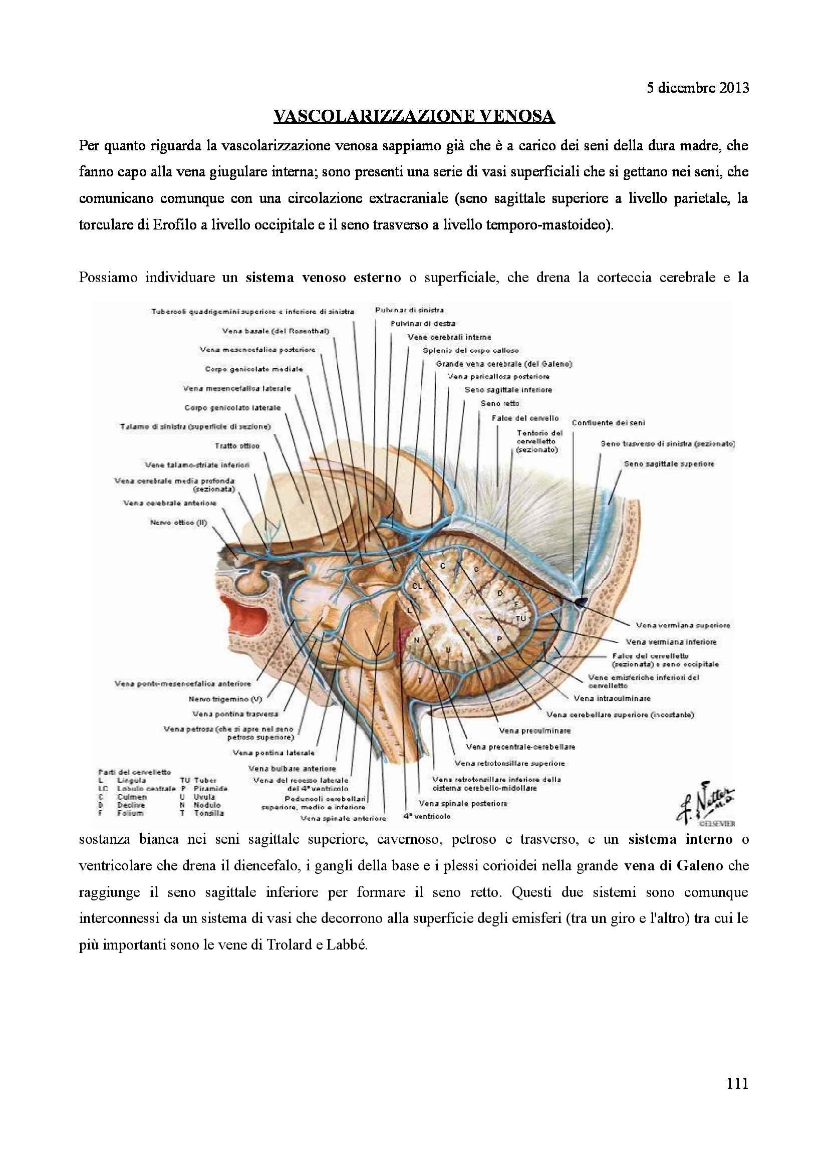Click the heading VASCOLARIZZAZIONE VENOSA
point(414,117)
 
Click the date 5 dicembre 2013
point(697,88)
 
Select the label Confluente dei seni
point(608,423)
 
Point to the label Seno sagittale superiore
point(669,464)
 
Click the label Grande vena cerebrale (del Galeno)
point(503,364)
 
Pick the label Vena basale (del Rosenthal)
point(275,331)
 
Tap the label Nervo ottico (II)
point(178,522)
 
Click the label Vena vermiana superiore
point(683,625)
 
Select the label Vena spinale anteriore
point(343,819)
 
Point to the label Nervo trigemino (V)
point(225,699)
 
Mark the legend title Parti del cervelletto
point(135,772)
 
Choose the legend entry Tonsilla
point(209,813)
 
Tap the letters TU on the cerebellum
point(520,618)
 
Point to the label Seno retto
point(500,403)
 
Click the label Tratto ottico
point(237,445)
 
